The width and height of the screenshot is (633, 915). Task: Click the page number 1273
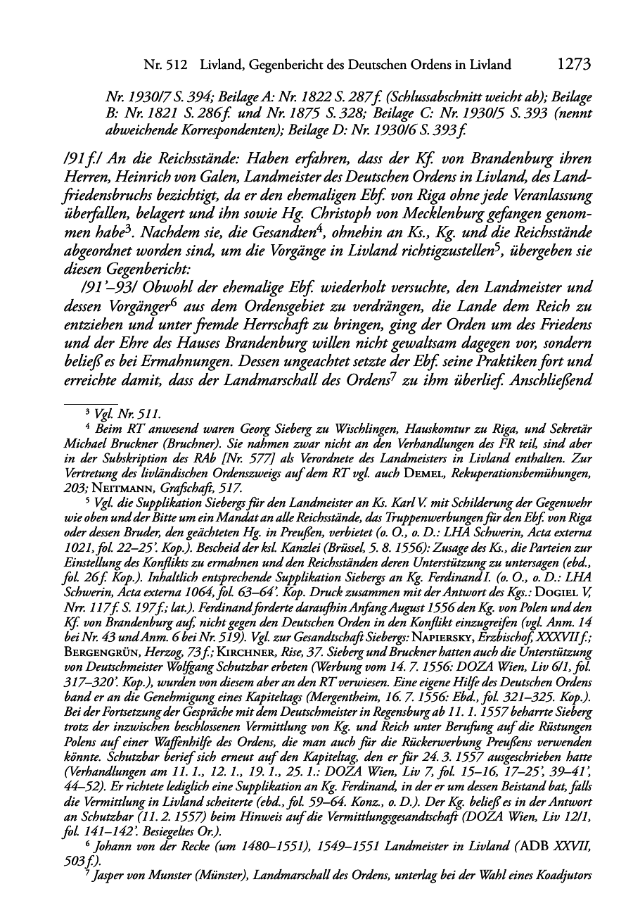[573, 65]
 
